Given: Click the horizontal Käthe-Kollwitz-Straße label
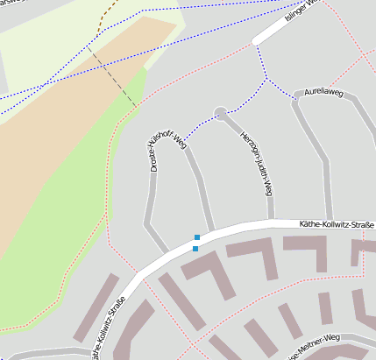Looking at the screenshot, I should pyautogui.click(x=337, y=224).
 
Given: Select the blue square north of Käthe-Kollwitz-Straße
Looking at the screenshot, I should pyautogui.click(x=197, y=237).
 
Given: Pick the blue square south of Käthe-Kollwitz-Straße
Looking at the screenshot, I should pyautogui.click(x=195, y=249).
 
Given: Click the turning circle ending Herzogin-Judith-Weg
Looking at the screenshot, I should pyautogui.click(x=221, y=111).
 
